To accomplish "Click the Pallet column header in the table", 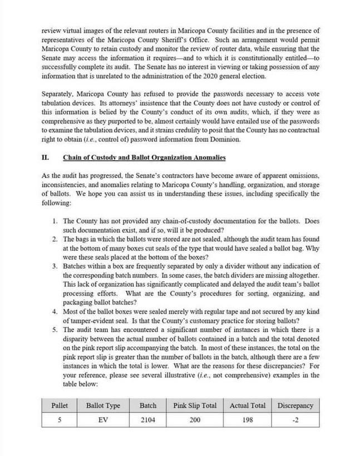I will pos(59,405).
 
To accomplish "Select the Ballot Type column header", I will pos(103,405).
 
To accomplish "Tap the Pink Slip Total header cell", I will pos(195,405).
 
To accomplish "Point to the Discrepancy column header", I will pos(295,405).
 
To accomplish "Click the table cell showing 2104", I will pos(147,420).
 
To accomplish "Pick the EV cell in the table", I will pos(103,420).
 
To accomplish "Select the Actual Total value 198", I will pos(248,420).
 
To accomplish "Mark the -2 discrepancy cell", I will pos(295,420).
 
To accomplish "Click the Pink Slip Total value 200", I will pos(195,420).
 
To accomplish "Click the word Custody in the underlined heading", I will pos(106,157).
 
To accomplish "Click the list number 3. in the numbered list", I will pos(56,266).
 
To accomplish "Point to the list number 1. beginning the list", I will pos(56,221).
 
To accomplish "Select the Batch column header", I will pos(147,405).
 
